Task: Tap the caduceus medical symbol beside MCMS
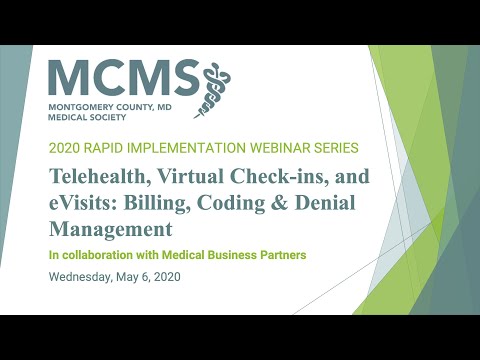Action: [216, 86]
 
